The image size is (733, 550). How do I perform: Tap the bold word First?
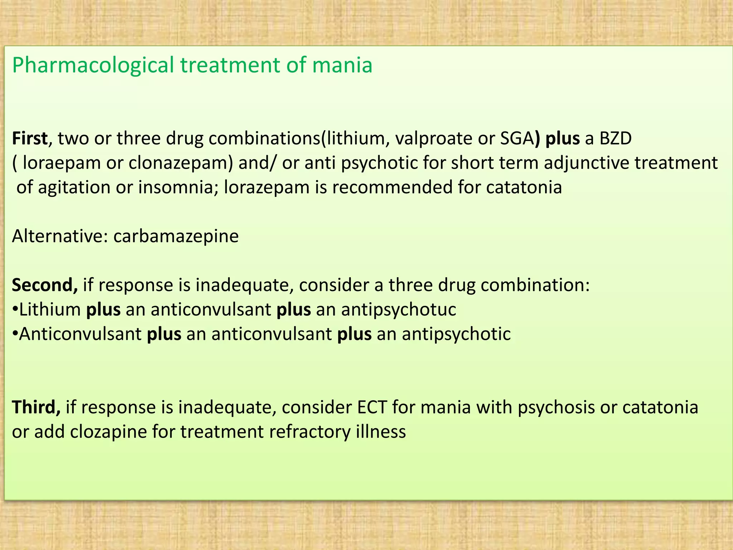coord(30,139)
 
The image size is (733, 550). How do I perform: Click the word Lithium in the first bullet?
coord(50,310)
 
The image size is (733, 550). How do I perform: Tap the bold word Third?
coord(36,407)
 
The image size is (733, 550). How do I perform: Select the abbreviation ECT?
coord(372,407)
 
